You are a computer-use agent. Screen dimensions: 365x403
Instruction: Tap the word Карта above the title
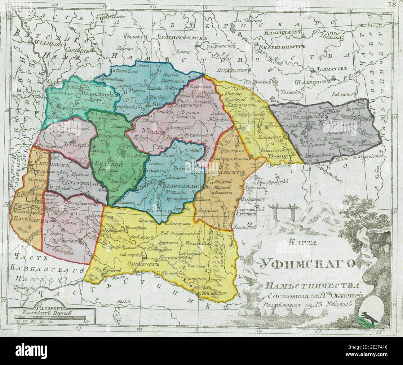(299, 243)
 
